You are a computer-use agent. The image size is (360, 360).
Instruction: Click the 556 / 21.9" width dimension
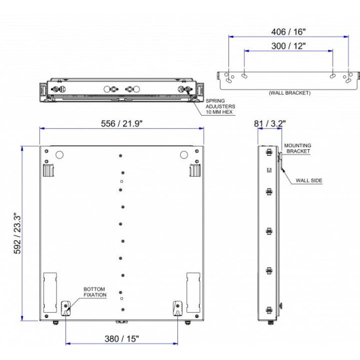coord(122,122)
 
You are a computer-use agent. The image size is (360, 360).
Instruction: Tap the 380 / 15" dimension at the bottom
coord(122,338)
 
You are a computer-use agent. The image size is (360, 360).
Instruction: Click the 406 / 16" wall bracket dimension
coord(288,30)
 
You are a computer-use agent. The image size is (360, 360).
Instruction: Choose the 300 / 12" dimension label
coord(288,46)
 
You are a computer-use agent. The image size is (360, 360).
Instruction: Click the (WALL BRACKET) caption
coord(289,93)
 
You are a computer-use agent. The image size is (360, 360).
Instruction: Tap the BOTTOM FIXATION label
coord(95,292)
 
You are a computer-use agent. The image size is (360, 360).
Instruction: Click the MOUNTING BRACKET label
coord(298,148)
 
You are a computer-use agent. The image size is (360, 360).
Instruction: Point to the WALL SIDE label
coord(308,179)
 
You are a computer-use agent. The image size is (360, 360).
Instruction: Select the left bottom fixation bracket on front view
coord(65,308)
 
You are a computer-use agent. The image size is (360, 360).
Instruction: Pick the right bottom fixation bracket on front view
coord(177,308)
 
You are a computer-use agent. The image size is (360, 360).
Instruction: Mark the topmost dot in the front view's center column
coord(121,156)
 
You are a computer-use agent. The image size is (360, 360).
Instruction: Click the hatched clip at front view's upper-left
coord(48,170)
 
